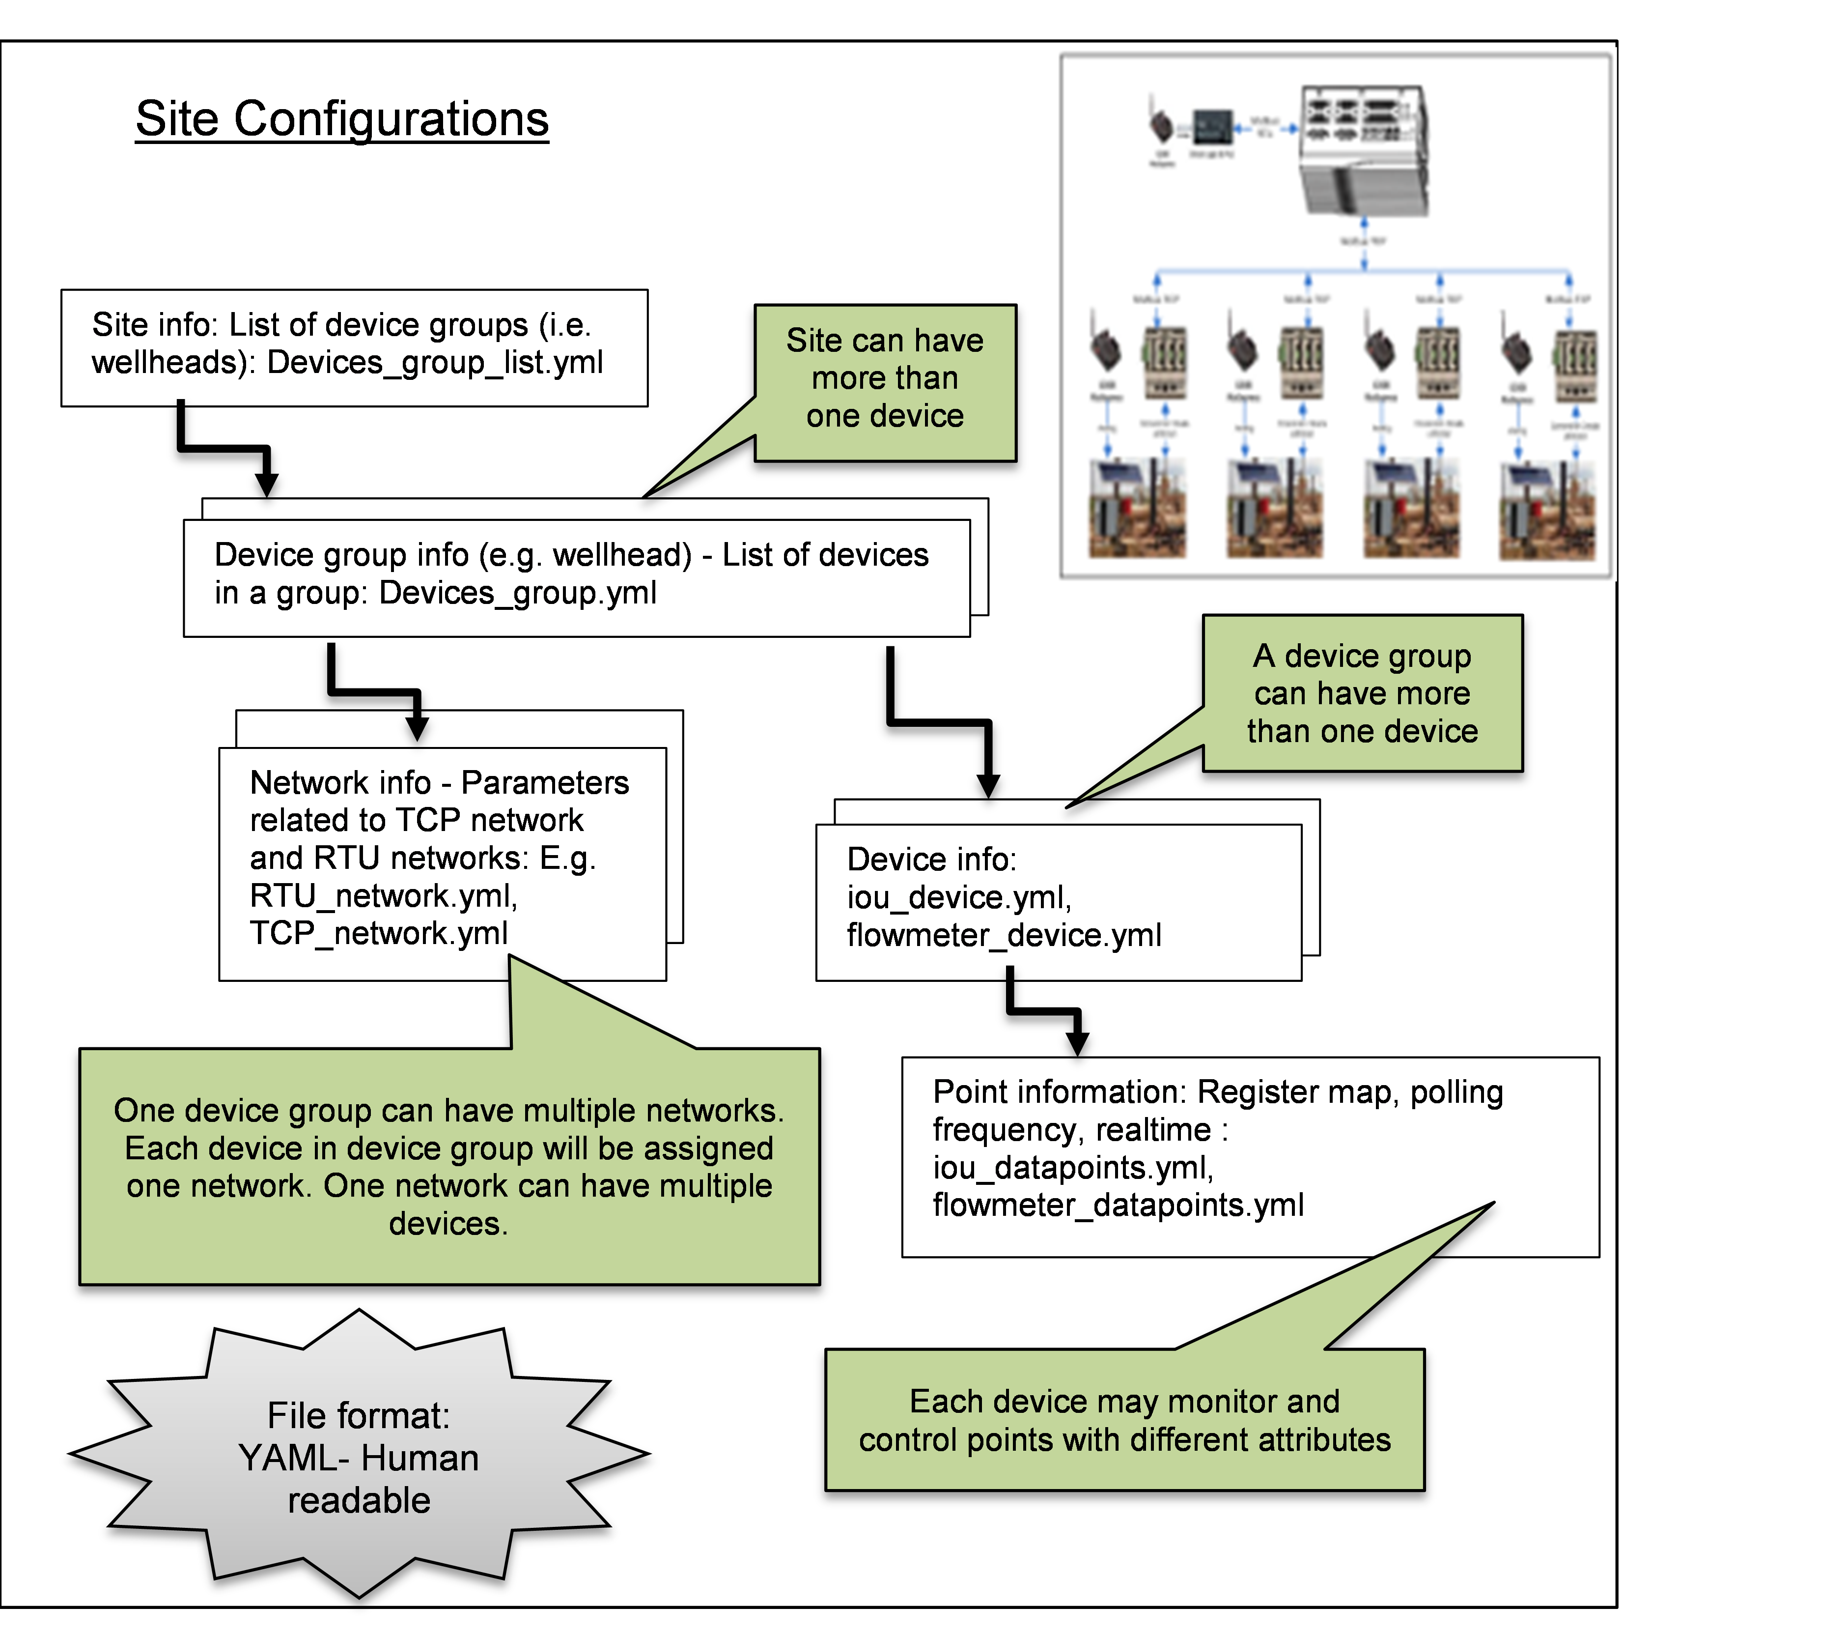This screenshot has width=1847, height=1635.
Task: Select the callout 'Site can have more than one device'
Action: (x=885, y=379)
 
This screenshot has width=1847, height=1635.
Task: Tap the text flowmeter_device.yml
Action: (x=1003, y=936)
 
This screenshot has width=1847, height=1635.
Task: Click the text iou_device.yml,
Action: (x=959, y=897)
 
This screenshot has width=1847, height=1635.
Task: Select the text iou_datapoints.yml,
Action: (x=1073, y=1168)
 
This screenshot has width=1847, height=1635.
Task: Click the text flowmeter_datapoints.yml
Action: (x=1118, y=1205)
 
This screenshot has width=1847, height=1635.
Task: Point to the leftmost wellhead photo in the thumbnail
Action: (x=1137, y=509)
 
